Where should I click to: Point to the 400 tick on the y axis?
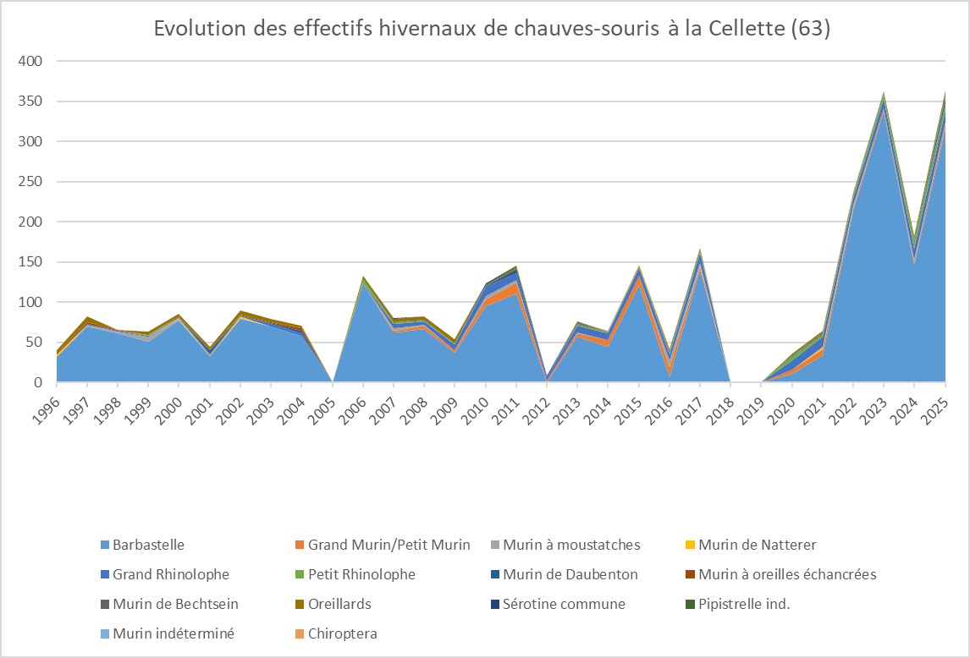(30, 62)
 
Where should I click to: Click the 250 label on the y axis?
(30, 182)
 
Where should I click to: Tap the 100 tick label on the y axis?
(30, 303)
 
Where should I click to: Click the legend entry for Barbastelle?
(148, 545)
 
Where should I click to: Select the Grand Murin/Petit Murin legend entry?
(389, 545)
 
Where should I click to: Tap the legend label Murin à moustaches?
(571, 545)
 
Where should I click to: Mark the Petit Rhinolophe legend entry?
(361, 574)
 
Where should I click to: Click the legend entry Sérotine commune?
(564, 604)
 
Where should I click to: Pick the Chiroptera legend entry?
(343, 633)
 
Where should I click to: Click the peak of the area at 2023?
(884, 94)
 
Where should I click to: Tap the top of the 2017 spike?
(700, 250)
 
